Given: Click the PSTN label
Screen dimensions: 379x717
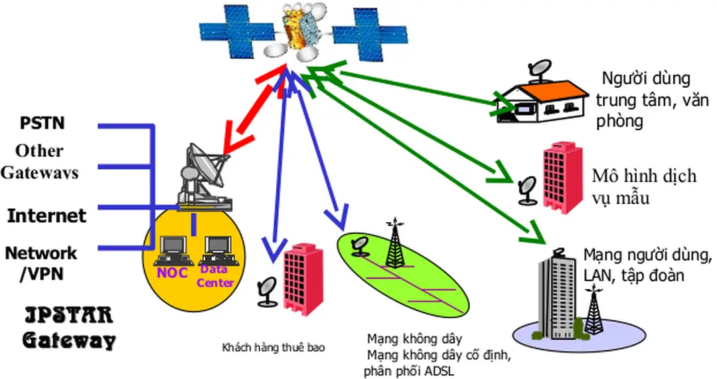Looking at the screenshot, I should pos(42,124).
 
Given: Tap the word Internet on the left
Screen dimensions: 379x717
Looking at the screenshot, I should pos(46,215).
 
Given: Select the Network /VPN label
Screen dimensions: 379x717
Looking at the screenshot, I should pos(40,263).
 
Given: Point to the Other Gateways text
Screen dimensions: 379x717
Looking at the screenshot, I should pos(39,162).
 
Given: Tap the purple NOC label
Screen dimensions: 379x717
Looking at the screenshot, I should pos(173,273).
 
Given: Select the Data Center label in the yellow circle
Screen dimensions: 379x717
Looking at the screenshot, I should pos(216,276).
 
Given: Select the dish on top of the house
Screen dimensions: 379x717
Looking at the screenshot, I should pos(538,68).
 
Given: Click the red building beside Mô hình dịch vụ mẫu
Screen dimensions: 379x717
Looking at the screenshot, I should pos(562,176).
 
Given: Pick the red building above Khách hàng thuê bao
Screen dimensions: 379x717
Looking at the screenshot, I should pos(303,275).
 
